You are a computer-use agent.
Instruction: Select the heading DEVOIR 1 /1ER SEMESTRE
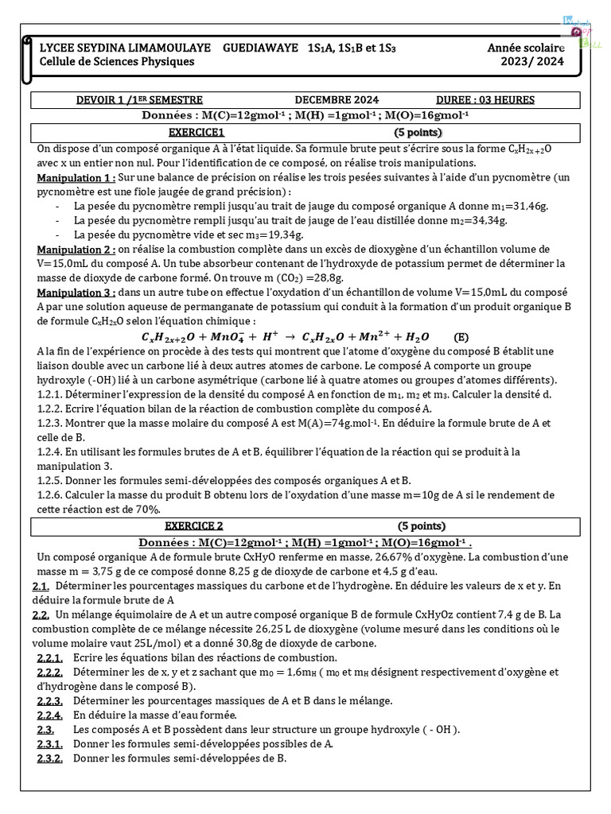pyautogui.click(x=128, y=100)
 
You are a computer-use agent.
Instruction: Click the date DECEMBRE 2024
pyautogui.click(x=337, y=100)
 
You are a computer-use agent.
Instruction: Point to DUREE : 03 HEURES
pyautogui.click(x=485, y=100)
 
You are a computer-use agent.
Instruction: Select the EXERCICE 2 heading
pyautogui.click(x=194, y=526)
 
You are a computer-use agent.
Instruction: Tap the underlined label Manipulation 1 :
pyautogui.click(x=77, y=177)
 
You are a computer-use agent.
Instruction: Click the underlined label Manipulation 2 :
pyautogui.click(x=77, y=249)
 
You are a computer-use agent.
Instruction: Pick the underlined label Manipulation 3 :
pyautogui.click(x=77, y=293)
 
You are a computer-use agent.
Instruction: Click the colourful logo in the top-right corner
pyautogui.click(x=584, y=33)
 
